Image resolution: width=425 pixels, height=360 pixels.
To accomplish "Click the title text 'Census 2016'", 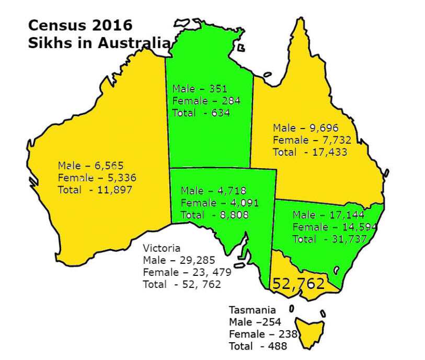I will tap(80, 26).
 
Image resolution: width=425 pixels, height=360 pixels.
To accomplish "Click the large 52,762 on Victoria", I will tap(298, 284).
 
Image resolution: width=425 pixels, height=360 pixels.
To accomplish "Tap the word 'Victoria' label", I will tap(162, 248).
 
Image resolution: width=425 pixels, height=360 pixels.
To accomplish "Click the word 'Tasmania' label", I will tap(252, 310).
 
